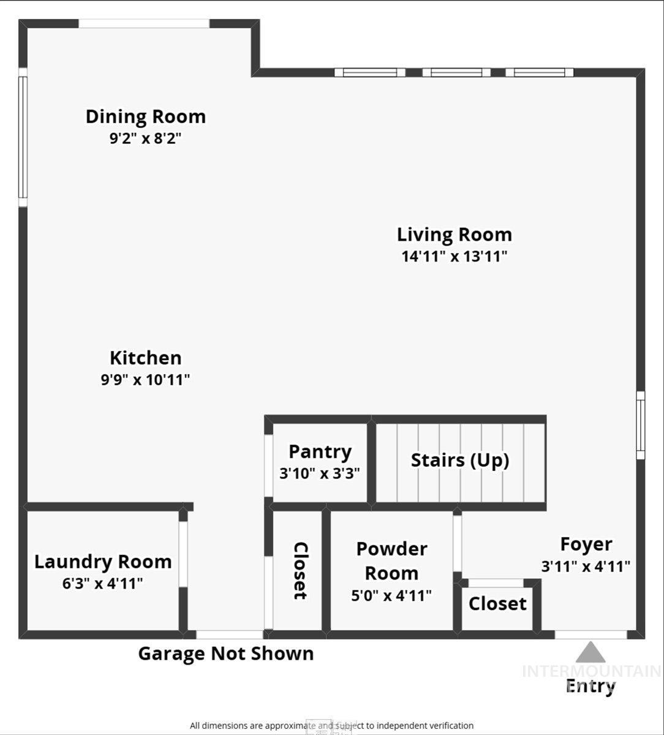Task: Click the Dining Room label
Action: click(145, 116)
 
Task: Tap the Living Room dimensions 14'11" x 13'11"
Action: click(455, 256)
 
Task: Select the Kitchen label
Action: click(145, 358)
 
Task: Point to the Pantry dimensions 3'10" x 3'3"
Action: click(319, 473)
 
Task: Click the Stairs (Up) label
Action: click(459, 460)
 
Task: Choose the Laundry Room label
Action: click(102, 562)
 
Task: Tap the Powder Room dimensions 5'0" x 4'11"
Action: click(391, 595)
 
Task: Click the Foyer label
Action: click(586, 544)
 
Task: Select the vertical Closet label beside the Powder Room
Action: click(300, 570)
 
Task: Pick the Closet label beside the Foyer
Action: click(497, 603)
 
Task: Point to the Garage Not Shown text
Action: click(225, 654)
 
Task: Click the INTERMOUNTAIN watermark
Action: click(591, 671)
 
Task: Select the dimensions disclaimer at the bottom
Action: click(331, 726)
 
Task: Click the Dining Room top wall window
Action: click(144, 24)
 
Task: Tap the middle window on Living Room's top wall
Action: click(456, 72)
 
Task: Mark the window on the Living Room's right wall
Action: click(640, 425)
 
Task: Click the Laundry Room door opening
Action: click(183, 554)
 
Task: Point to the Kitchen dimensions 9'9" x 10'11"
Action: click(145, 380)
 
